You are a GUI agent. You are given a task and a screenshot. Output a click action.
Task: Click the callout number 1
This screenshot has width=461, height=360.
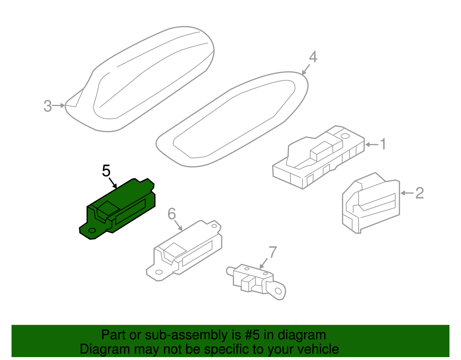[383, 144]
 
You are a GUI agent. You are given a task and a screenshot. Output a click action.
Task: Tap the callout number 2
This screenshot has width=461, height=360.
[420, 193]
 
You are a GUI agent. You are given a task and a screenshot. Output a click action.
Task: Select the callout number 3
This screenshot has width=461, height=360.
[48, 106]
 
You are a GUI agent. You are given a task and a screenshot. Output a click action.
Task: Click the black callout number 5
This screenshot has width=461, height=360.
[106, 171]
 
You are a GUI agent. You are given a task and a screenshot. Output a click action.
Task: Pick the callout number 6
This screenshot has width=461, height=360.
[172, 214]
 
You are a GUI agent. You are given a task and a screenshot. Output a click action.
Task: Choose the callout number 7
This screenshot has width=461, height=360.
[273, 252]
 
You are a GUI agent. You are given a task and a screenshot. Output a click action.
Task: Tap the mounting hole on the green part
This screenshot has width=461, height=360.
[92, 230]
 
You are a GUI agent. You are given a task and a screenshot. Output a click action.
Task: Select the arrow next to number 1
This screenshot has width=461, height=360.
[372, 145]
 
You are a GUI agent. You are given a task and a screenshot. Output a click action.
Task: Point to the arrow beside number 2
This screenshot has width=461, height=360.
[407, 193]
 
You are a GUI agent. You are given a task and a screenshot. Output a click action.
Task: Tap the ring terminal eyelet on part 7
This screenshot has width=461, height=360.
[278, 291]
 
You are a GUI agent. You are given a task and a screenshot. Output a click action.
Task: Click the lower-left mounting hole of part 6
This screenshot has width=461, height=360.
[159, 272]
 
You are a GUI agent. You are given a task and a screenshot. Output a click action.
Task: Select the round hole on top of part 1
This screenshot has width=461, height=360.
[345, 136]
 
